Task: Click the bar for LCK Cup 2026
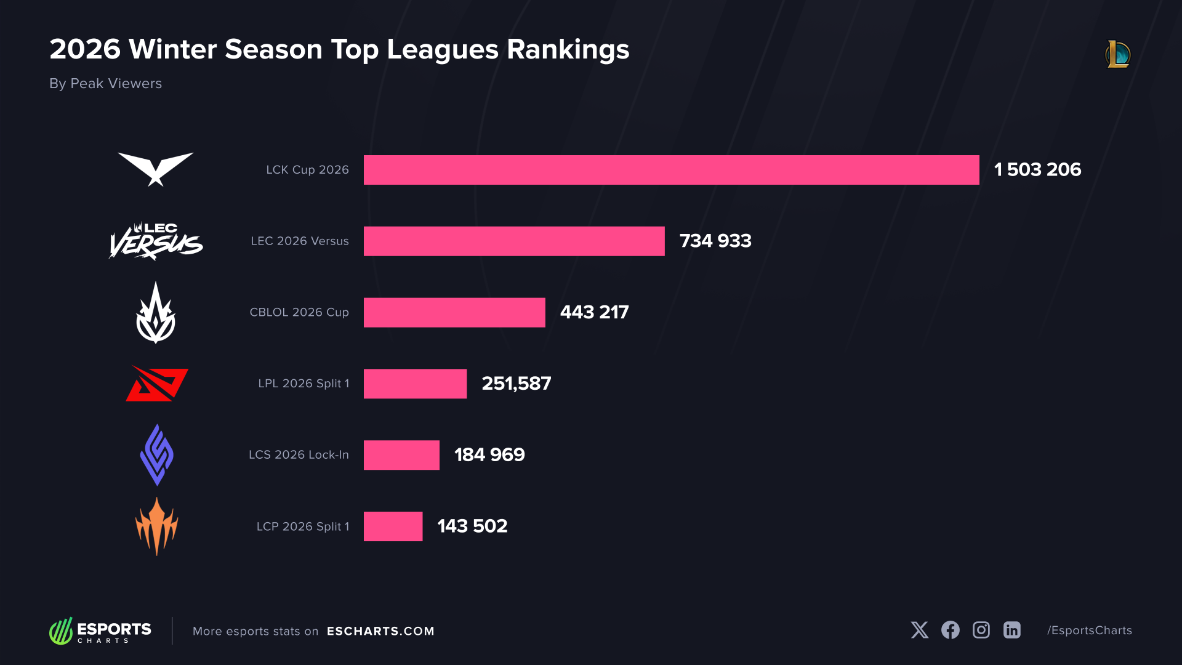(x=671, y=170)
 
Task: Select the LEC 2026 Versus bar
(x=514, y=241)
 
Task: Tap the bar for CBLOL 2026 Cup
(x=454, y=313)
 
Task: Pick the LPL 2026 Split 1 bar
(x=415, y=384)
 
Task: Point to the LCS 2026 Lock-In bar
(x=401, y=455)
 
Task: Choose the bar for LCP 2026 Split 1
(x=393, y=526)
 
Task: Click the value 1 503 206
(x=1037, y=170)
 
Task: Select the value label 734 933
(x=715, y=241)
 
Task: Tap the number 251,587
(x=516, y=384)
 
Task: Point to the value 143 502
(x=472, y=526)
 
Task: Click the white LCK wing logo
(x=156, y=168)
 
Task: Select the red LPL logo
(x=157, y=384)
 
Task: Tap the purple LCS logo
(x=156, y=455)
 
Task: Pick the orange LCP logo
(x=156, y=526)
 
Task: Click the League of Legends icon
(x=1117, y=54)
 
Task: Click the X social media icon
(x=920, y=630)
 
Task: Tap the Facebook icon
(x=950, y=630)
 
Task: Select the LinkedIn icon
(x=1011, y=630)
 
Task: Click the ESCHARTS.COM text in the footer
(x=380, y=631)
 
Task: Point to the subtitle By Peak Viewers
(x=105, y=84)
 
